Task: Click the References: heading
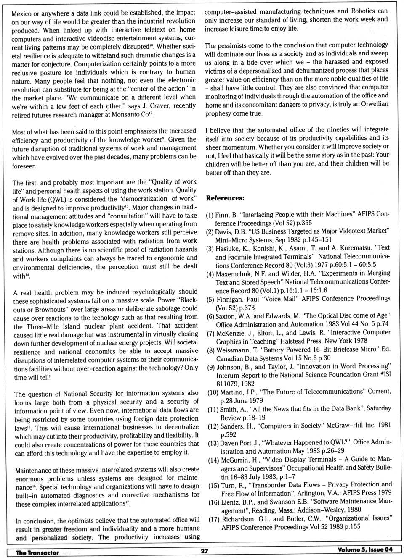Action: coord(225,198)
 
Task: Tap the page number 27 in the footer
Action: coord(205,551)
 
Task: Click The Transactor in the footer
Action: coord(37,552)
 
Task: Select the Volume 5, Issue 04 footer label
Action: coord(364,549)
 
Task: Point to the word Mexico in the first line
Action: coord(22,13)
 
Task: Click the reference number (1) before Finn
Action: coord(210,215)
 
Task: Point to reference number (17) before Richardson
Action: coord(214,519)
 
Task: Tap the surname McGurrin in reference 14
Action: coord(236,460)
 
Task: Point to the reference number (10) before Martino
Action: coord(212,392)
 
